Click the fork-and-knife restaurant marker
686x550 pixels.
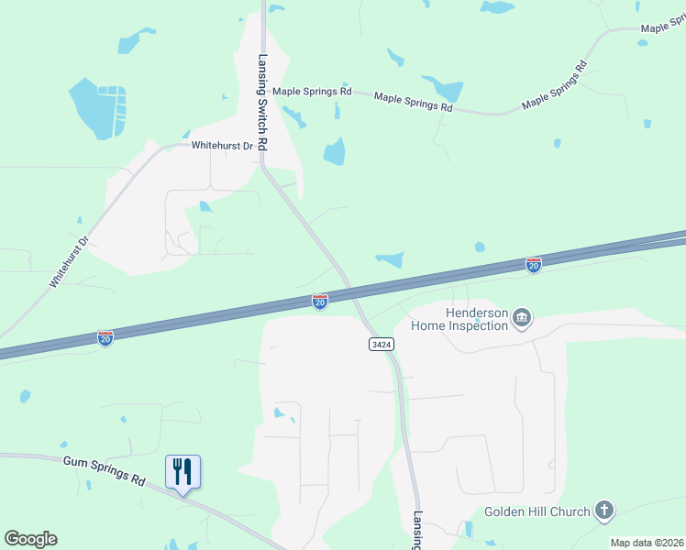183,472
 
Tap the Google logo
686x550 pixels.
30,539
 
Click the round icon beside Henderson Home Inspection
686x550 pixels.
522,319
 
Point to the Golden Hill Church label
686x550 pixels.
537,511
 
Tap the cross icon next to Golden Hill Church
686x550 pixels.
603,511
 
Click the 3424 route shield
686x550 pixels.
382,344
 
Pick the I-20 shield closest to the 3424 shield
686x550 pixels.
319,301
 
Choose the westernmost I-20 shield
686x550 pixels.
105,337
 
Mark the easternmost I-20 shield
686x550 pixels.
534,264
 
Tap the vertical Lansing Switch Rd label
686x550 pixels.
261,103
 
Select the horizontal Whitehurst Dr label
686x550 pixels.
221,146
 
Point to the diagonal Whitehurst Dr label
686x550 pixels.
68,263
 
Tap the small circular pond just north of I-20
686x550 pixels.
480,247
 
